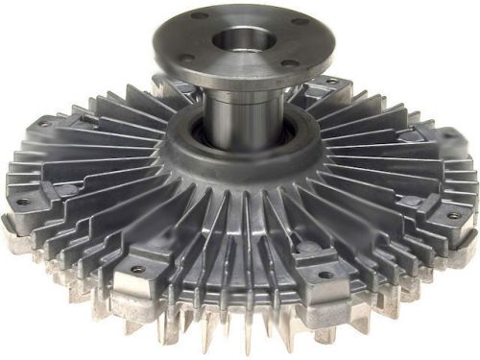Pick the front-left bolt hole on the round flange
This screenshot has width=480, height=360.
click(185, 58)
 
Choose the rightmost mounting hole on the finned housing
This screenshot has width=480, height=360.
click(454, 215)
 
